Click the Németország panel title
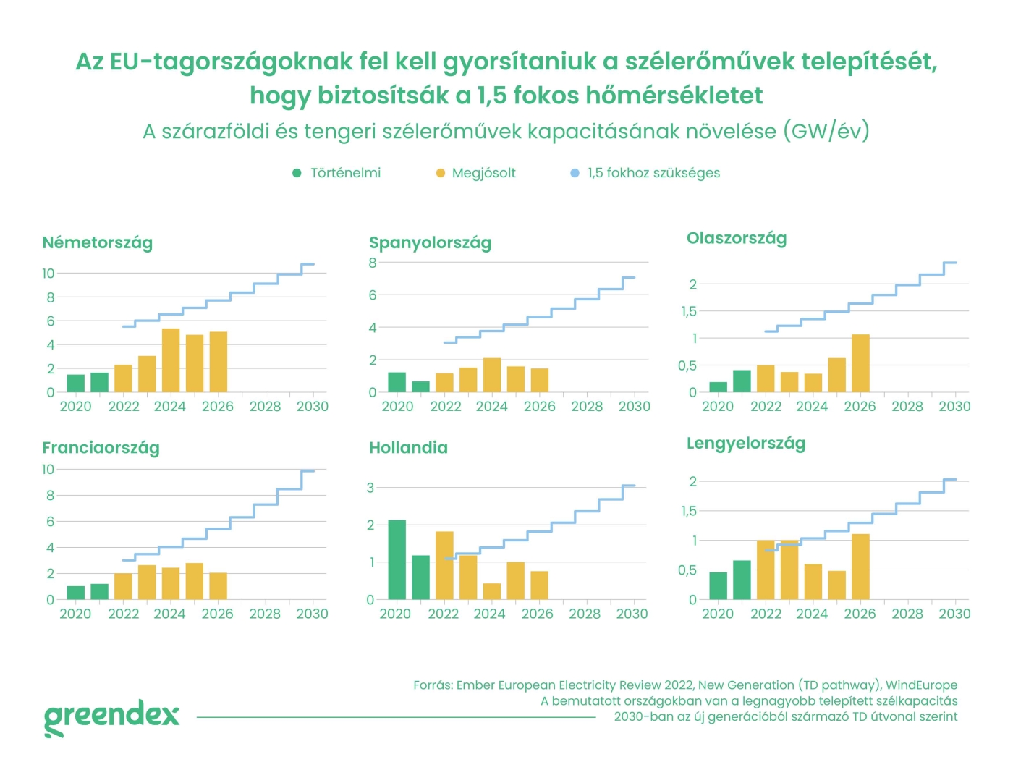pyautogui.click(x=97, y=242)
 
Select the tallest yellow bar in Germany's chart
pyautogui.click(x=171, y=360)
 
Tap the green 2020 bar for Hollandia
pyautogui.click(x=397, y=559)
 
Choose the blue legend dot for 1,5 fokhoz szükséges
pyautogui.click(x=575, y=173)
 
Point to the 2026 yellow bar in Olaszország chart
pyautogui.click(x=860, y=363)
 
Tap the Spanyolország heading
pyautogui.click(x=430, y=242)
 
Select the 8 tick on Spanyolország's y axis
pyautogui.click(x=373, y=263)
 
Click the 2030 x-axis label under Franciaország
pyautogui.click(x=312, y=614)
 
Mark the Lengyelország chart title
pyautogui.click(x=745, y=443)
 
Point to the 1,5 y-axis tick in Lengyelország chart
pyautogui.click(x=688, y=511)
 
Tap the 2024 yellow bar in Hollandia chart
pyautogui.click(x=492, y=591)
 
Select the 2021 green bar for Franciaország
pyautogui.click(x=99, y=591)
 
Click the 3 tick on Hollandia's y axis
pyautogui.click(x=370, y=488)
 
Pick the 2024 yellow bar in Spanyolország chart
pyautogui.click(x=492, y=375)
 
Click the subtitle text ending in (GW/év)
pyautogui.click(x=506, y=132)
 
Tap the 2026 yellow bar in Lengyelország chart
pyautogui.click(x=860, y=567)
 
